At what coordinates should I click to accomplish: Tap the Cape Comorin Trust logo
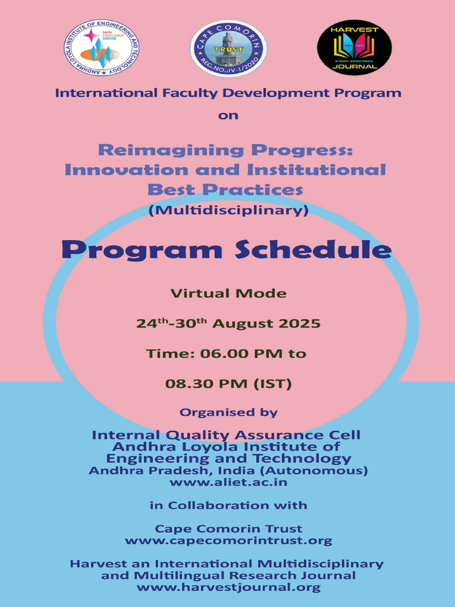point(228,48)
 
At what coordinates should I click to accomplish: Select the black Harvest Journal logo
point(354,47)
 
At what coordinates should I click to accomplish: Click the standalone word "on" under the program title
point(228,116)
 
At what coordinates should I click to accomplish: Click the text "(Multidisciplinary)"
point(228,210)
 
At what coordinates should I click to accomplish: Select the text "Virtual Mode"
point(228,293)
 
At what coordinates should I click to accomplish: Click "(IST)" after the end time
point(273,384)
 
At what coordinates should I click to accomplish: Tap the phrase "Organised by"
point(228,412)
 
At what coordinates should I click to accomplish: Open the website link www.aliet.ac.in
point(228,483)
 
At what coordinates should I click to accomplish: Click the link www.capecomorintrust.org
point(228,541)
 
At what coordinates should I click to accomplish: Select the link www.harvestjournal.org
point(228,587)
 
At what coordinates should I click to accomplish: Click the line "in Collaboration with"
point(228,506)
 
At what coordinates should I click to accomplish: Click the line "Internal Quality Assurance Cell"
point(226,435)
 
